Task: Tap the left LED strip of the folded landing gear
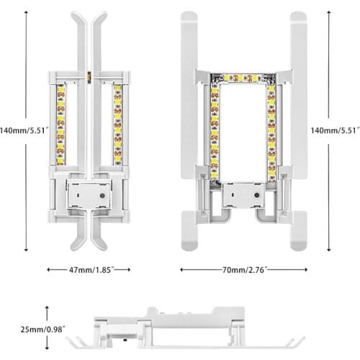60,123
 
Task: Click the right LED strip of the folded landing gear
117,123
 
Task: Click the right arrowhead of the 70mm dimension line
303,269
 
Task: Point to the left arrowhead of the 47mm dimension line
49,269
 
